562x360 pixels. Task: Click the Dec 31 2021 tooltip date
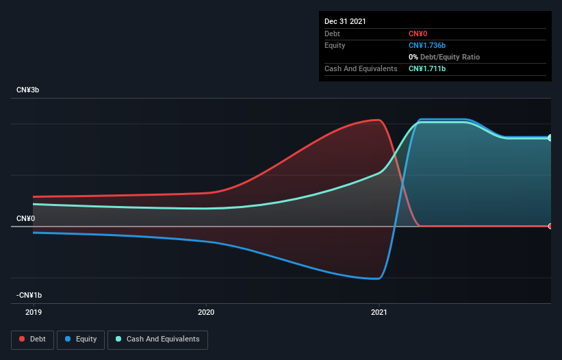pyautogui.click(x=345, y=21)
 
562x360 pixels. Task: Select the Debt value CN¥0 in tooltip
pyautogui.click(x=418, y=34)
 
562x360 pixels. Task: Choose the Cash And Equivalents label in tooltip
pyautogui.click(x=361, y=68)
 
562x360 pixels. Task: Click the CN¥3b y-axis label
pyautogui.click(x=28, y=90)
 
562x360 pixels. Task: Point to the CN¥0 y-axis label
pyautogui.click(x=25, y=218)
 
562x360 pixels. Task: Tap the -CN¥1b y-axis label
pyautogui.click(x=29, y=295)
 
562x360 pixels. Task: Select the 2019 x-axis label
pyautogui.click(x=34, y=312)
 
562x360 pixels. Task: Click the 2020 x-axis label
pyautogui.click(x=206, y=312)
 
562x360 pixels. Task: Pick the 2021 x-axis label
pyautogui.click(x=379, y=312)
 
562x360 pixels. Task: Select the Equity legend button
pyautogui.click(x=81, y=339)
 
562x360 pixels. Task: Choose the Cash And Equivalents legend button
pyautogui.click(x=157, y=339)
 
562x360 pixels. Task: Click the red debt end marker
pyautogui.click(x=550, y=226)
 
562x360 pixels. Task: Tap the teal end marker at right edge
pyautogui.click(x=550, y=138)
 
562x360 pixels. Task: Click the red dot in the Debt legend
pyautogui.click(x=22, y=339)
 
